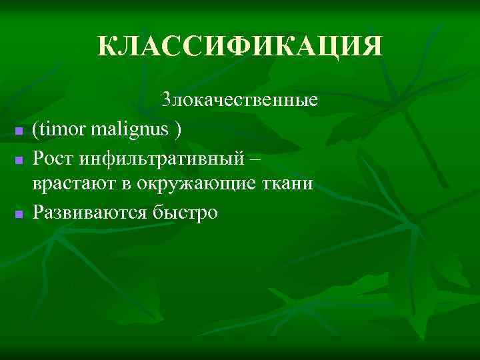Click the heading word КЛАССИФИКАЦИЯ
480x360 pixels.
point(240,46)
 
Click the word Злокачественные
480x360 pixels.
point(239,101)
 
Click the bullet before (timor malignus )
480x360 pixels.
point(19,131)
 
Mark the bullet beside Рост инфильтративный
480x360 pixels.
point(19,159)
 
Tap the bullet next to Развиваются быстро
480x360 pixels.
point(19,214)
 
